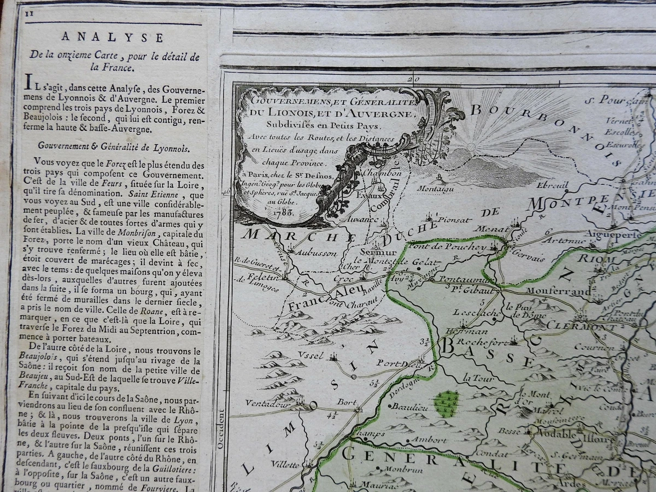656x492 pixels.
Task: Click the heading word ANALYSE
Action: click(x=112, y=37)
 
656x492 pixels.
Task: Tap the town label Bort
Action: click(x=347, y=402)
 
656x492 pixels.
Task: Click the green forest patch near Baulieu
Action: click(x=447, y=403)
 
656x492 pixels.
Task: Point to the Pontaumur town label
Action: click(x=460, y=279)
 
